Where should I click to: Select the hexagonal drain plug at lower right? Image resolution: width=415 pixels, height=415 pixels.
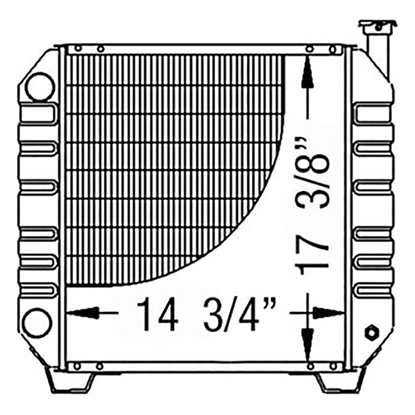(371, 332)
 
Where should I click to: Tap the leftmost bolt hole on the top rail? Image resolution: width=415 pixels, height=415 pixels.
(77, 49)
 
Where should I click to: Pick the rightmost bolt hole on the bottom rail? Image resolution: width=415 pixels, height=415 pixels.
(332, 366)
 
